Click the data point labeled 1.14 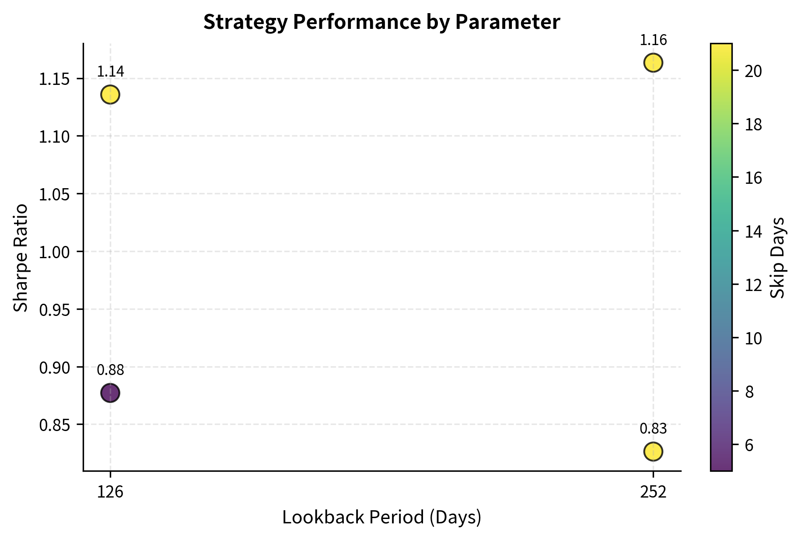tap(110, 95)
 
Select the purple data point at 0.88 tap(110, 393)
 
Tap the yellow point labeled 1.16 tap(653, 63)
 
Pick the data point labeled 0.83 tap(653, 451)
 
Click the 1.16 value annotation tap(653, 40)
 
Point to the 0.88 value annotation tap(110, 370)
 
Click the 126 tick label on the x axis tap(110, 492)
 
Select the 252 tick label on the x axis tap(653, 492)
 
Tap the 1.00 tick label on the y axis tap(54, 252)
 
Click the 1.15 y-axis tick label tap(54, 79)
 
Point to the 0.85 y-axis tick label tap(54, 425)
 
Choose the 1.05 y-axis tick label tap(54, 194)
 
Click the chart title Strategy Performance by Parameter tap(381, 22)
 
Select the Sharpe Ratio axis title tap(21, 258)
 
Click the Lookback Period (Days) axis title tap(381, 517)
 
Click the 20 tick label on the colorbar tap(752, 71)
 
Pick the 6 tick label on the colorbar tap(749, 445)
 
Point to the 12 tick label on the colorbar tap(752, 285)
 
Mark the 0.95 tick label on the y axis tap(54, 310)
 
